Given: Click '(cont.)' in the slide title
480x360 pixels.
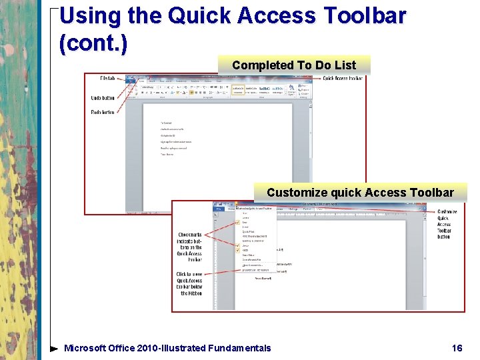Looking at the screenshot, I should (x=93, y=43).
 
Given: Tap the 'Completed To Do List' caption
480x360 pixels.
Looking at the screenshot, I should (x=293, y=65).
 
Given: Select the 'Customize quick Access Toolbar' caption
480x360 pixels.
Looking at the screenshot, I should (x=360, y=193).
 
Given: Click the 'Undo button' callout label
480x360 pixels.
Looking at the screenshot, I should (x=103, y=97).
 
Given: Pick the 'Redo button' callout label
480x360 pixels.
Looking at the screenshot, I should (x=103, y=112).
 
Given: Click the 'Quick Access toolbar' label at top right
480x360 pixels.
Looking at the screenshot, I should (x=343, y=79).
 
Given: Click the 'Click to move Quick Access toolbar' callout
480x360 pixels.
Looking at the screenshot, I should (x=189, y=283).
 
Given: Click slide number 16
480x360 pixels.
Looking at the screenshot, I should (x=457, y=348).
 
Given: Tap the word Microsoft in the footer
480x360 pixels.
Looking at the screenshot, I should (x=85, y=348).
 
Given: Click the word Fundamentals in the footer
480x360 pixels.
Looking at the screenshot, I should (x=239, y=348).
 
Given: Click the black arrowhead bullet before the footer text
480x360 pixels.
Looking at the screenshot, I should (x=54, y=348).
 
